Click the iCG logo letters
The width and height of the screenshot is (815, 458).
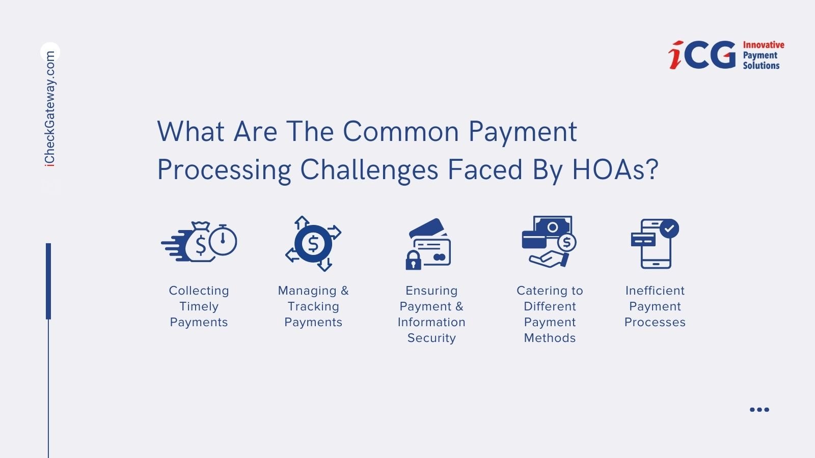[x=702, y=54]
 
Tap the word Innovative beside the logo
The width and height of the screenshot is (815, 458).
[x=764, y=45]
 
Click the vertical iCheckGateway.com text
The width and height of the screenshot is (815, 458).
[x=50, y=109]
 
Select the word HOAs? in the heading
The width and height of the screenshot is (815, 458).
[x=615, y=169]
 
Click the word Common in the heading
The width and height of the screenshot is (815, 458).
[x=401, y=131]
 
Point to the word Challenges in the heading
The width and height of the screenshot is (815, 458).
[x=369, y=170]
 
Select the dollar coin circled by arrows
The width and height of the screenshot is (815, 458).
[x=313, y=244]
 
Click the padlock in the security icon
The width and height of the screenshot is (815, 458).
[x=413, y=260]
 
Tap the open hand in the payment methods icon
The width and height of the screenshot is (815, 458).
[x=548, y=260]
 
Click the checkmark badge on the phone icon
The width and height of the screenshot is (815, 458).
[x=669, y=228]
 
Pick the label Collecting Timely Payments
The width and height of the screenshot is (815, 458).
[x=199, y=306]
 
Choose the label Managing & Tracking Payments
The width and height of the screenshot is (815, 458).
[x=313, y=306]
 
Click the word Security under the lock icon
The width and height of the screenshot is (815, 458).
[x=431, y=338]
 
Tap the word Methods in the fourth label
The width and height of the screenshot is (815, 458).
[x=550, y=338]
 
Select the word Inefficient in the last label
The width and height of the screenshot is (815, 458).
[x=655, y=291]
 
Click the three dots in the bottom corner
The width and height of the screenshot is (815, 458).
[x=759, y=410]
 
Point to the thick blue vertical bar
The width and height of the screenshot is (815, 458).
[x=48, y=281]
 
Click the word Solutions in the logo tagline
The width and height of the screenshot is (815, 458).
[x=761, y=66]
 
